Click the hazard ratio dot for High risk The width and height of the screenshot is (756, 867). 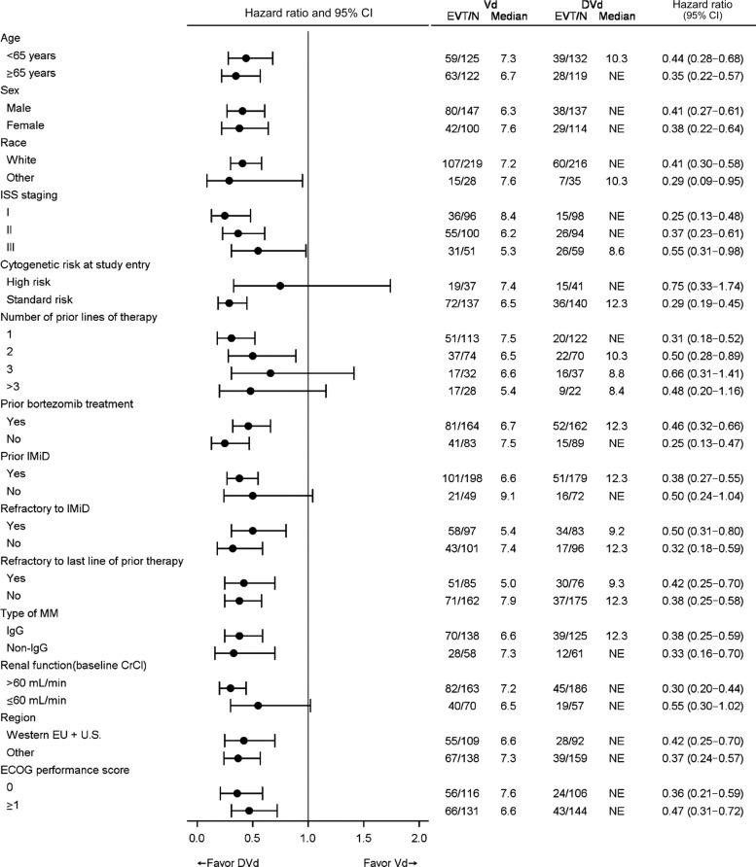(x=280, y=286)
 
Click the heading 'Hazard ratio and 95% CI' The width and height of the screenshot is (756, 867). (x=307, y=11)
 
